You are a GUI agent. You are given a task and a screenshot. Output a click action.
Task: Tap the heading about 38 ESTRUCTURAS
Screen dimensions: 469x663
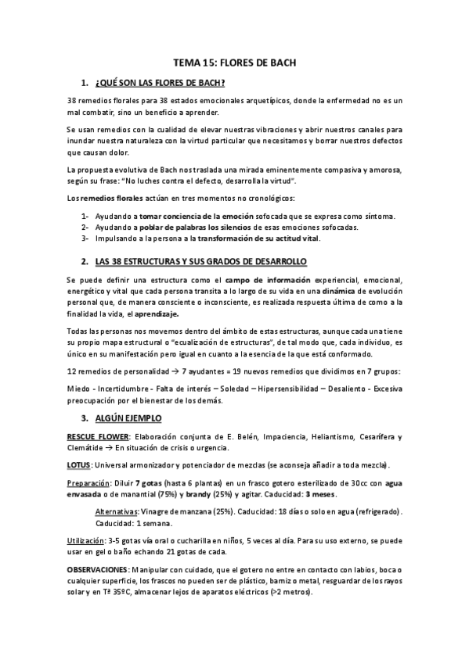(200, 260)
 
